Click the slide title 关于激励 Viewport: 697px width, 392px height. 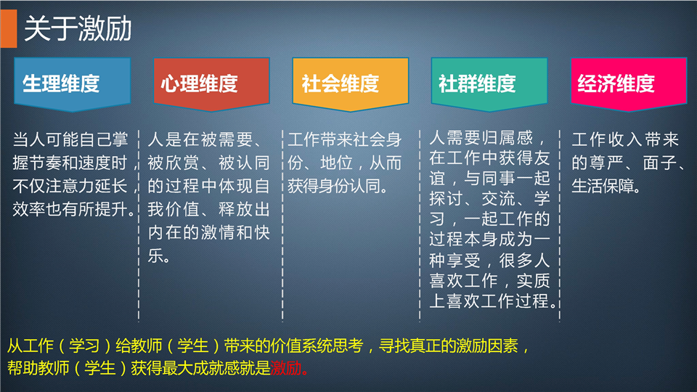pos(78,29)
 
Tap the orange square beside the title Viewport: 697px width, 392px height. pos(9,28)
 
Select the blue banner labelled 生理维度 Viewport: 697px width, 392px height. pos(72,84)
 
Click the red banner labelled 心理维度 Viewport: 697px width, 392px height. pos(211,84)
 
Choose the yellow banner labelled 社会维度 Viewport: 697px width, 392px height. pos(350,84)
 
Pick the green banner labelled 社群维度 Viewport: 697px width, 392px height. pos(489,84)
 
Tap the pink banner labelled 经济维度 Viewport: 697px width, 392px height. pos(629,84)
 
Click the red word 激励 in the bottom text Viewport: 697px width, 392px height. pos(286,368)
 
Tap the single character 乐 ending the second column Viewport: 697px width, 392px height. pos(155,256)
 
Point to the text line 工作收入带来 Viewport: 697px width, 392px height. pos(625,139)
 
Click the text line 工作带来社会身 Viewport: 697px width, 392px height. pos(344,139)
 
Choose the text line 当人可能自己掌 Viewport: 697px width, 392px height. pos(70,139)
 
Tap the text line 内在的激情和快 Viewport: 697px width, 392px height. pos(208,232)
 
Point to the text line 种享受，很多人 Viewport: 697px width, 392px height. pos(489,261)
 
